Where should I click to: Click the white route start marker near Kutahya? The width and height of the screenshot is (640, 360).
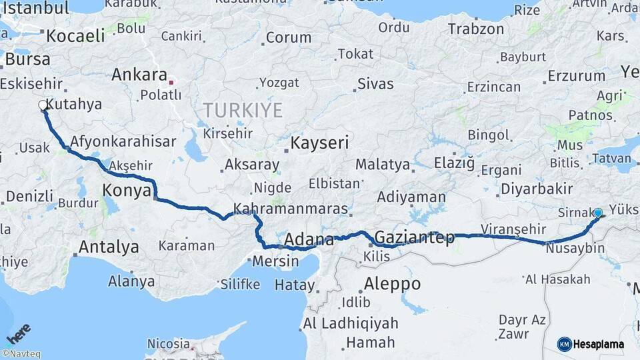point(43,105)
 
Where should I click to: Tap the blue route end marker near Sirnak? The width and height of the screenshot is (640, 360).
point(598,213)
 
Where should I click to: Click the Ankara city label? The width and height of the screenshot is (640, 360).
point(139,75)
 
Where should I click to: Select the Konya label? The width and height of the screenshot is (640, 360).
point(126,191)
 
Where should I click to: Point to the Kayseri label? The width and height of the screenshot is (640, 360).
point(319,143)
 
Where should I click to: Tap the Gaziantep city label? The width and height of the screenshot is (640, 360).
point(414,237)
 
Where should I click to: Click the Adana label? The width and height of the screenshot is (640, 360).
point(309,239)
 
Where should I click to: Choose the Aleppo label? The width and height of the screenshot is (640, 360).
point(392,284)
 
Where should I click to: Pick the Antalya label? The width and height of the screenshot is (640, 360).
point(109,247)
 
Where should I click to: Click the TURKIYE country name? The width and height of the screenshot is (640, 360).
point(243,111)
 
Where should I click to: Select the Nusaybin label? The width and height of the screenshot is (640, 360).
point(575,249)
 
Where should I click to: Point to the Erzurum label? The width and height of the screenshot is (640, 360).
point(575,76)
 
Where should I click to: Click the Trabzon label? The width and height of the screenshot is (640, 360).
point(476,29)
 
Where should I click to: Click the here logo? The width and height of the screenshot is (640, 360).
point(18,333)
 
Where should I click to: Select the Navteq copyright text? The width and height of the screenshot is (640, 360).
point(21,354)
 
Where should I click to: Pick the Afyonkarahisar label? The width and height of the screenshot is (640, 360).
point(123,141)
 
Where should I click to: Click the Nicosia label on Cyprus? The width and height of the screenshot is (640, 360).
point(168,344)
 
